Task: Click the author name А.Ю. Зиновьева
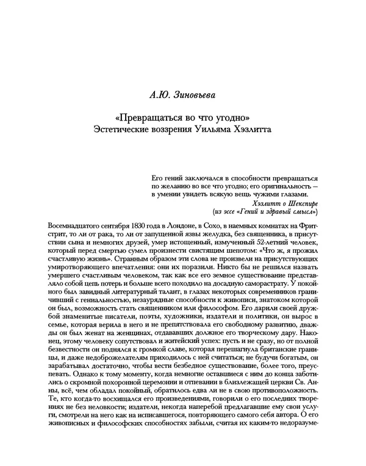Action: (x=182, y=96)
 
